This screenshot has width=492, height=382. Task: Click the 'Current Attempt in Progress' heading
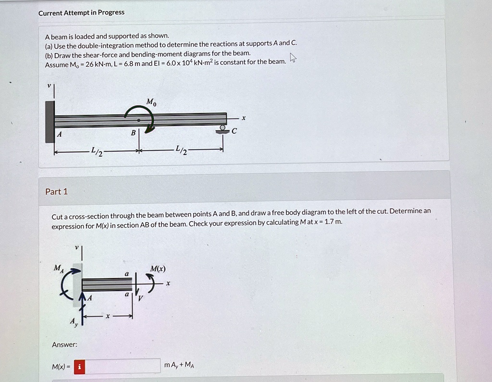(x=81, y=13)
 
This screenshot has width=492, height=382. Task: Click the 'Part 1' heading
(x=56, y=191)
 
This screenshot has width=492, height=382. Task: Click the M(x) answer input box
(x=123, y=366)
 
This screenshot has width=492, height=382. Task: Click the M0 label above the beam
(x=151, y=102)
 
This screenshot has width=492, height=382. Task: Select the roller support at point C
(x=222, y=129)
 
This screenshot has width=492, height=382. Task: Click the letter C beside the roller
(x=234, y=131)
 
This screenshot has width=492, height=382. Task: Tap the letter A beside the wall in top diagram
(x=60, y=135)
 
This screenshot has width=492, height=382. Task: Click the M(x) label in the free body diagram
(x=158, y=268)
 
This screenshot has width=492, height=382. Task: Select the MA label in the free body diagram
(x=58, y=267)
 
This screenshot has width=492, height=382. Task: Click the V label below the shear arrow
(x=141, y=298)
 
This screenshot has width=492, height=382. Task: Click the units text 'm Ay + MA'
(x=179, y=365)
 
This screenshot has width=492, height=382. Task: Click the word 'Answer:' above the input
(x=64, y=344)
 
